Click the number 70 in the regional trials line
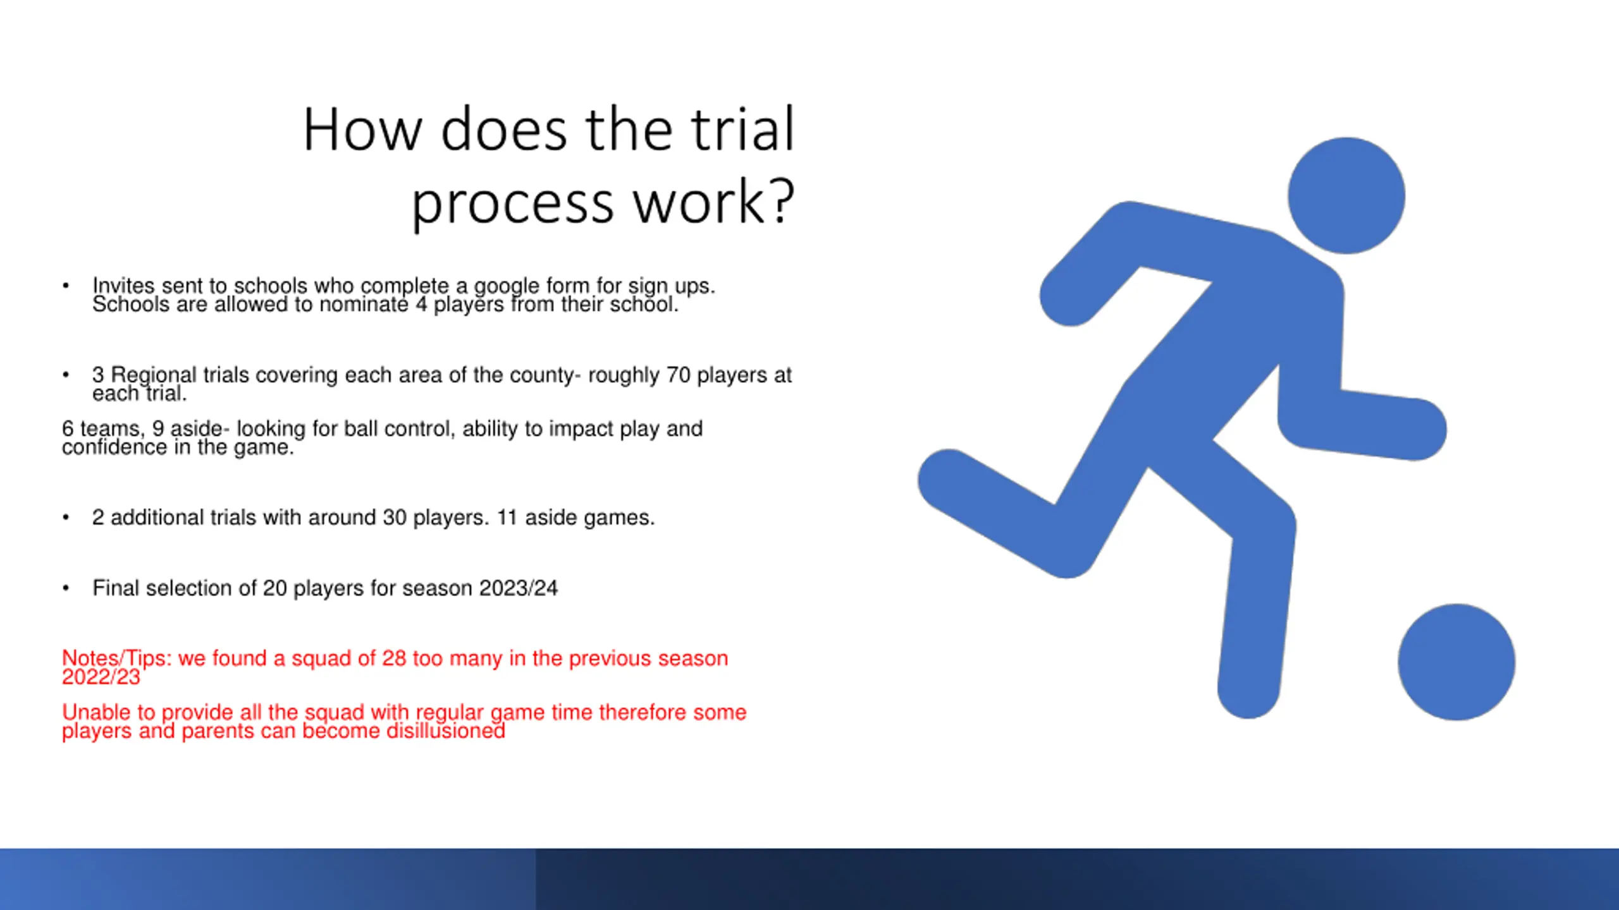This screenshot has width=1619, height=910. point(678,375)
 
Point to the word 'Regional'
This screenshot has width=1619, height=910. point(154,376)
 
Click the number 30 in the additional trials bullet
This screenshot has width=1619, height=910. point(395,518)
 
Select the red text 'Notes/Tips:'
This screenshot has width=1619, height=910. point(117,658)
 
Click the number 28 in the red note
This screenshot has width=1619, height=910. point(394,658)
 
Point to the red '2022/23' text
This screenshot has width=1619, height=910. point(101,677)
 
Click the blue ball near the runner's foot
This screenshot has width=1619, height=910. point(1456,662)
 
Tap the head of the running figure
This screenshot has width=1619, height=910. point(1346,196)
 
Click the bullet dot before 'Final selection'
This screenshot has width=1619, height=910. point(66,588)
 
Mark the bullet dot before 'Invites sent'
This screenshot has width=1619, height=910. point(66,286)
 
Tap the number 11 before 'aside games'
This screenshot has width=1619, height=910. point(507,518)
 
